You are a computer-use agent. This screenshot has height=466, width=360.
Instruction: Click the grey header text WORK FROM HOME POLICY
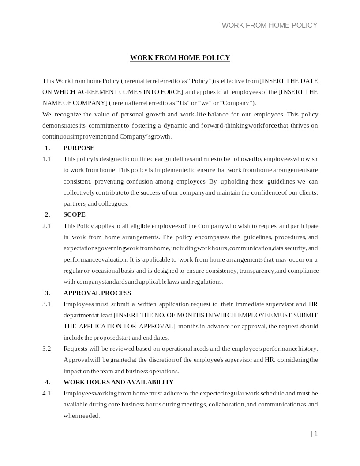(x=270, y=26)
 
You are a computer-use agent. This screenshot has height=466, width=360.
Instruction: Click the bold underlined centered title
(x=180, y=58)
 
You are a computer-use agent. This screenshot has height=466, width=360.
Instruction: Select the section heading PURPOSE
(x=79, y=148)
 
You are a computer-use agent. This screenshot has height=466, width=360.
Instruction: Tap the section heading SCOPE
(x=75, y=214)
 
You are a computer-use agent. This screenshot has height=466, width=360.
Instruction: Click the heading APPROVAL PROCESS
(x=97, y=293)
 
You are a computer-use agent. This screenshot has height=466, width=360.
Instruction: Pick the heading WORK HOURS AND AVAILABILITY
(x=118, y=382)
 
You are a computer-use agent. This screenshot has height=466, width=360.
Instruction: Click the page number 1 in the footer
(x=315, y=434)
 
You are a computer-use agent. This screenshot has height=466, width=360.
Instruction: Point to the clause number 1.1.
(x=48, y=159)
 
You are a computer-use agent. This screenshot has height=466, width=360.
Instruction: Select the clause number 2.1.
(x=48, y=226)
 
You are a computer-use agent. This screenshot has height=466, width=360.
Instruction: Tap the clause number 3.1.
(x=48, y=304)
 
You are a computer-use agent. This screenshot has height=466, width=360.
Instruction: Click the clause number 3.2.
(x=48, y=349)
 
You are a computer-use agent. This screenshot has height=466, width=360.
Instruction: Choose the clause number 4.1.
(x=48, y=393)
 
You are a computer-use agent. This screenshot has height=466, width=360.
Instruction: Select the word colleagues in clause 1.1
(x=113, y=203)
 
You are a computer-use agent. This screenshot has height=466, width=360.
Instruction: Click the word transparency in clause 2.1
(x=257, y=271)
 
